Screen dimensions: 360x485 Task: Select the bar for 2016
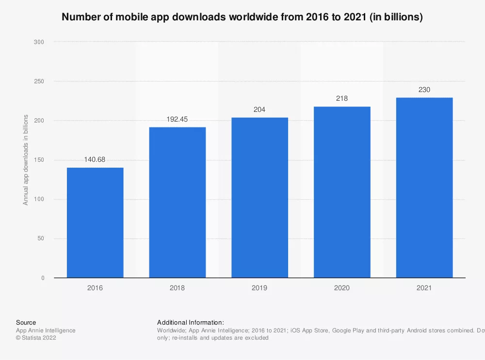[x=95, y=222]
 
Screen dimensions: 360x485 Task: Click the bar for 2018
[x=178, y=202]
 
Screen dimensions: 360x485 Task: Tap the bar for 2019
[x=259, y=197]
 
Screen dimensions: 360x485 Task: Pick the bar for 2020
[x=342, y=192]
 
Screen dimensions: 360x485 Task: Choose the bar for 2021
[x=424, y=188]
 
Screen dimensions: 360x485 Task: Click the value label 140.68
[x=95, y=158]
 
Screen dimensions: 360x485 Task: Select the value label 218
[x=342, y=98]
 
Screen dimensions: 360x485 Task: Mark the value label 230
[x=424, y=89]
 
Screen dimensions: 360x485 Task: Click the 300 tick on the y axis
[x=39, y=42]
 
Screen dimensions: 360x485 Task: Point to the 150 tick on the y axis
[x=39, y=160]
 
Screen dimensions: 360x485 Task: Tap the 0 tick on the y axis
[x=43, y=278]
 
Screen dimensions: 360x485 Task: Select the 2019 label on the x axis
[x=259, y=288]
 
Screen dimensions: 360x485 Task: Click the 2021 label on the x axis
[x=424, y=288]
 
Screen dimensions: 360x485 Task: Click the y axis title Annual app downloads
[x=26, y=160]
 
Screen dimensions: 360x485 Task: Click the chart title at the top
[x=242, y=17]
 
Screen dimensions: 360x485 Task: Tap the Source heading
[x=26, y=322]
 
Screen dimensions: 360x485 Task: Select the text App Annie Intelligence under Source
[x=46, y=330]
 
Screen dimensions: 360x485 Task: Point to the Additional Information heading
[x=190, y=322]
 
